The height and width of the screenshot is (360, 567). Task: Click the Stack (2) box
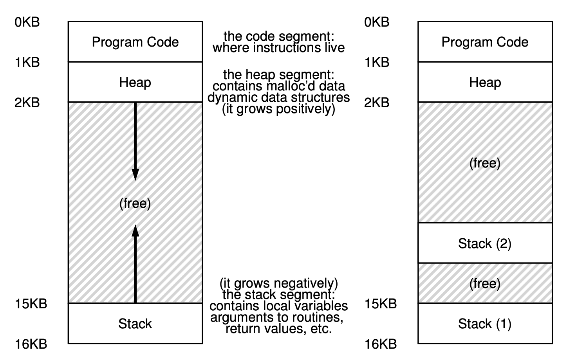pos(485,243)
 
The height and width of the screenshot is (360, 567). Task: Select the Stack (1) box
pos(485,324)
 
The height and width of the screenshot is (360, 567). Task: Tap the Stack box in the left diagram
pos(135,324)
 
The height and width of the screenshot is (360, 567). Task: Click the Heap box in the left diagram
pos(135,82)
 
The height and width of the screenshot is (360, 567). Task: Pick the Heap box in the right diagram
pos(485,82)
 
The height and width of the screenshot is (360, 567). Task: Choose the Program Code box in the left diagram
pos(135,42)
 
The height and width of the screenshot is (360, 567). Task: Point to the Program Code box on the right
pos(485,42)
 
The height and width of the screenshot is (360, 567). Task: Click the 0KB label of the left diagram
pos(27,22)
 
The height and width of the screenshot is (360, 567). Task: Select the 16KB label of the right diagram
pos(381,344)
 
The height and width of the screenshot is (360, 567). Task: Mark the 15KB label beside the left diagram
pos(31,304)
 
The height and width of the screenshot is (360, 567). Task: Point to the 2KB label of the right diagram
pos(377,103)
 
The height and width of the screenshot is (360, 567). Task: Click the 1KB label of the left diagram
pos(27,62)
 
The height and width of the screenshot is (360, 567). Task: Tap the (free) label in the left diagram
pos(135,203)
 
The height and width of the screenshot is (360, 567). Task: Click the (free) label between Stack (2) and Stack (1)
pos(485,283)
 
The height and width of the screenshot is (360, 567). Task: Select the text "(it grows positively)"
pos(278,109)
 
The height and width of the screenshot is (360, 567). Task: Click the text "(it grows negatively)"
pos(278,283)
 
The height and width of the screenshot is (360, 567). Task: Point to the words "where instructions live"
pos(278,48)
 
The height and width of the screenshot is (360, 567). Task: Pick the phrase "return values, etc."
pos(278,329)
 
